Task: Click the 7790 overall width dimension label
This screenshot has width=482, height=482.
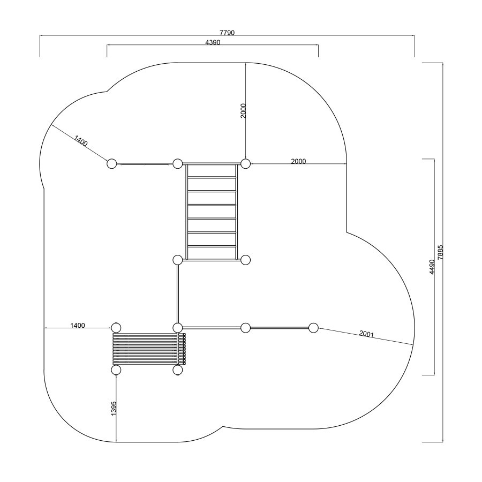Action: [x=227, y=33]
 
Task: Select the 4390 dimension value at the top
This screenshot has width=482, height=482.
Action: [x=213, y=42]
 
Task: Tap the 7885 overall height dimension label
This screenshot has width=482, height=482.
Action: [x=441, y=252]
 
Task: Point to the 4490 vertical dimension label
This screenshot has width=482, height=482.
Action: [x=432, y=267]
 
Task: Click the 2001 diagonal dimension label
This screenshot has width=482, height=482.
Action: [x=366, y=334]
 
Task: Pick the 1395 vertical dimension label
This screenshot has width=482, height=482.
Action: [x=114, y=409]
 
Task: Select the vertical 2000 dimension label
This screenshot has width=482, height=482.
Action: [x=243, y=111]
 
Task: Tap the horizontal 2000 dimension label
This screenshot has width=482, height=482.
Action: [x=298, y=161]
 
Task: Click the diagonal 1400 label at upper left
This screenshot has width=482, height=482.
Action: [x=81, y=140]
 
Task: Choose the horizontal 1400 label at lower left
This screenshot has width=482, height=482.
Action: [x=78, y=325]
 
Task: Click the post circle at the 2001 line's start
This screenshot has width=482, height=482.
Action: [x=313, y=328]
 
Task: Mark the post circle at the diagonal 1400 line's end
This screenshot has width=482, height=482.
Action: [x=112, y=163]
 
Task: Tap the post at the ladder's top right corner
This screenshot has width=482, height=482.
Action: [x=245, y=163]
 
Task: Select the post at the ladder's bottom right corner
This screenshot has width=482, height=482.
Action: [x=245, y=260]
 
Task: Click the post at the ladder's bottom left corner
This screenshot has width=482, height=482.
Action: [x=178, y=260]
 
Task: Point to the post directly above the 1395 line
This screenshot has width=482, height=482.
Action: [x=116, y=370]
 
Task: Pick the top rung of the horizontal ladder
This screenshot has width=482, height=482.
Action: [x=212, y=177]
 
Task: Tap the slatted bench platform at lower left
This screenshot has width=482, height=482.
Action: [x=149, y=349]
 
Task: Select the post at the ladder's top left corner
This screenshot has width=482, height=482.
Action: [x=178, y=163]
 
